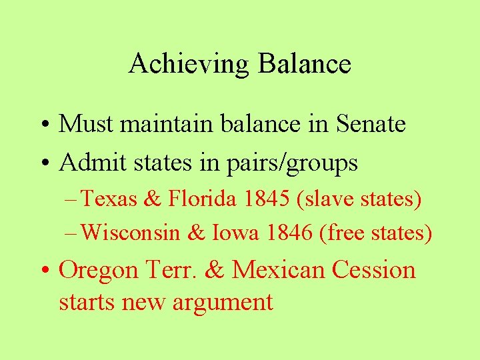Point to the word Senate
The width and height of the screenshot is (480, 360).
pos(371,124)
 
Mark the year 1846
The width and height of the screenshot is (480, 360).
pos(287,233)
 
